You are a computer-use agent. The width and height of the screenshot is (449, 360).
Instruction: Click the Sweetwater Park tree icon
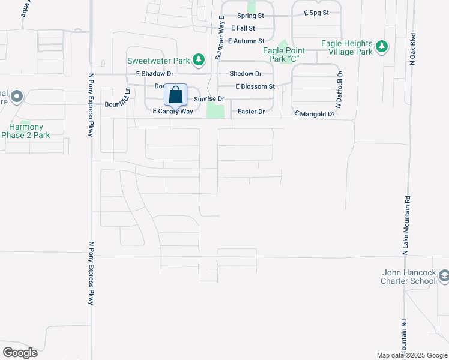click(x=200, y=59)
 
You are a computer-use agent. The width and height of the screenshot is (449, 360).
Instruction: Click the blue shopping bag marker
click(x=175, y=96)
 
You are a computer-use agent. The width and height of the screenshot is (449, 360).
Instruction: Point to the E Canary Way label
click(x=173, y=112)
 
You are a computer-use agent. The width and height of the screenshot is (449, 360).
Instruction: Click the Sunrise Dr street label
click(x=208, y=98)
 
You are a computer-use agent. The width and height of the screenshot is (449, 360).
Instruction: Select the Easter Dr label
click(x=251, y=112)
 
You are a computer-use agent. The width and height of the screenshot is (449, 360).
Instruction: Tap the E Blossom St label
click(x=255, y=86)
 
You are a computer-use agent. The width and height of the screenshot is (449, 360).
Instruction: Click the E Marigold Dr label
click(x=313, y=113)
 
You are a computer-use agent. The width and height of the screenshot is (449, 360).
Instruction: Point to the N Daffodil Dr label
click(x=339, y=90)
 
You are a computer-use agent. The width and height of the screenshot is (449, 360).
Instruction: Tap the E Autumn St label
click(x=246, y=41)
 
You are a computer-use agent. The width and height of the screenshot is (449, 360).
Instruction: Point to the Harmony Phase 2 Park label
click(x=26, y=131)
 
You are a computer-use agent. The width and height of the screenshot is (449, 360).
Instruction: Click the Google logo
click(x=20, y=353)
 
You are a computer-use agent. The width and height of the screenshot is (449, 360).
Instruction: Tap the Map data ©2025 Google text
click(x=411, y=355)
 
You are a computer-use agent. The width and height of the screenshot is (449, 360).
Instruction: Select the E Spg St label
click(x=316, y=12)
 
